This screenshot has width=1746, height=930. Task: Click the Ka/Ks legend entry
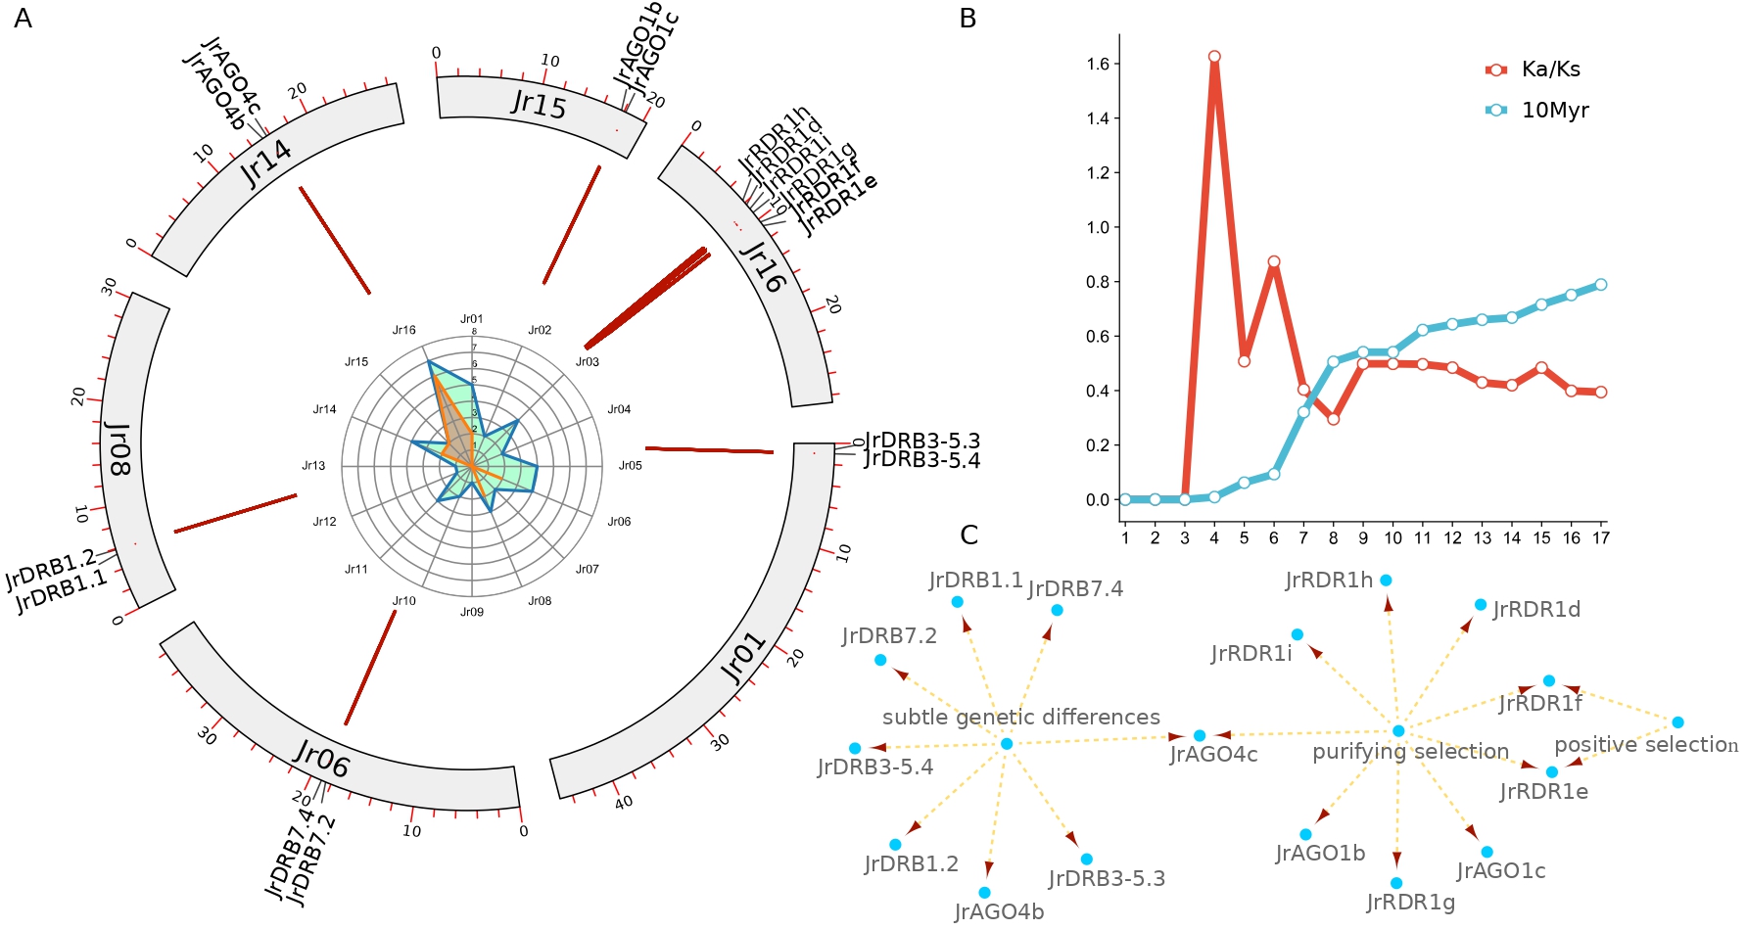coord(1549,70)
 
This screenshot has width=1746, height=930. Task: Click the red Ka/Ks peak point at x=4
coord(1214,57)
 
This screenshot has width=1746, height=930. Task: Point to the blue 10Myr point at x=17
coord(1601,285)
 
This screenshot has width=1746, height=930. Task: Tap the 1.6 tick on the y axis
coord(1098,65)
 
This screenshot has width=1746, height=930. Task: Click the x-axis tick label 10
coord(1392,537)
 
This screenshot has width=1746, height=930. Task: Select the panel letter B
coord(967,19)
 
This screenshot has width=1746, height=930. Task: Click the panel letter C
coord(969,535)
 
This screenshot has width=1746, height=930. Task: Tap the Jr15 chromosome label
coord(539,103)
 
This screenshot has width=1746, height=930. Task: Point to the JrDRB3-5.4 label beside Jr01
coord(921,460)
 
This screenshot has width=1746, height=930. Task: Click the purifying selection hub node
coord(1398,731)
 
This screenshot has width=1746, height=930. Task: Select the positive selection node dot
coord(1677,722)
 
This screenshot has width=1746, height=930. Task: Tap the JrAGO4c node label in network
coord(1213,755)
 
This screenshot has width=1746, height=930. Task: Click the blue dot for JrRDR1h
coord(1386,581)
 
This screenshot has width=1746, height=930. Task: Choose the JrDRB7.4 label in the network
coord(1074,589)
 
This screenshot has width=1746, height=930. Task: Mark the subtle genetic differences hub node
coord(1006,744)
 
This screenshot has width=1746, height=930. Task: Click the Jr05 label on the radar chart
coord(631,465)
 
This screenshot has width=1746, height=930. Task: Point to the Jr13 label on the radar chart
coord(313,465)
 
